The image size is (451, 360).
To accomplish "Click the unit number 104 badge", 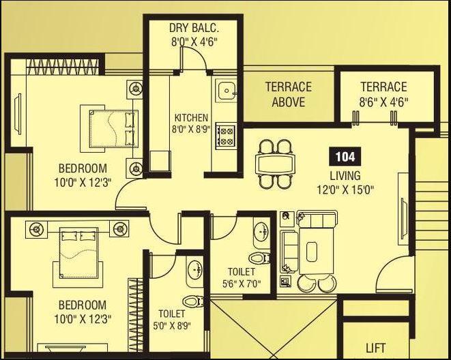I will click(x=345, y=156).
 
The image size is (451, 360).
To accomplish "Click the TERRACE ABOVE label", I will click(x=288, y=94).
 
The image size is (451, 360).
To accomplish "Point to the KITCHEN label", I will click(x=191, y=117).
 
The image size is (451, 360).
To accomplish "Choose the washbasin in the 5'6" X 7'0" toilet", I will click(x=261, y=232).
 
